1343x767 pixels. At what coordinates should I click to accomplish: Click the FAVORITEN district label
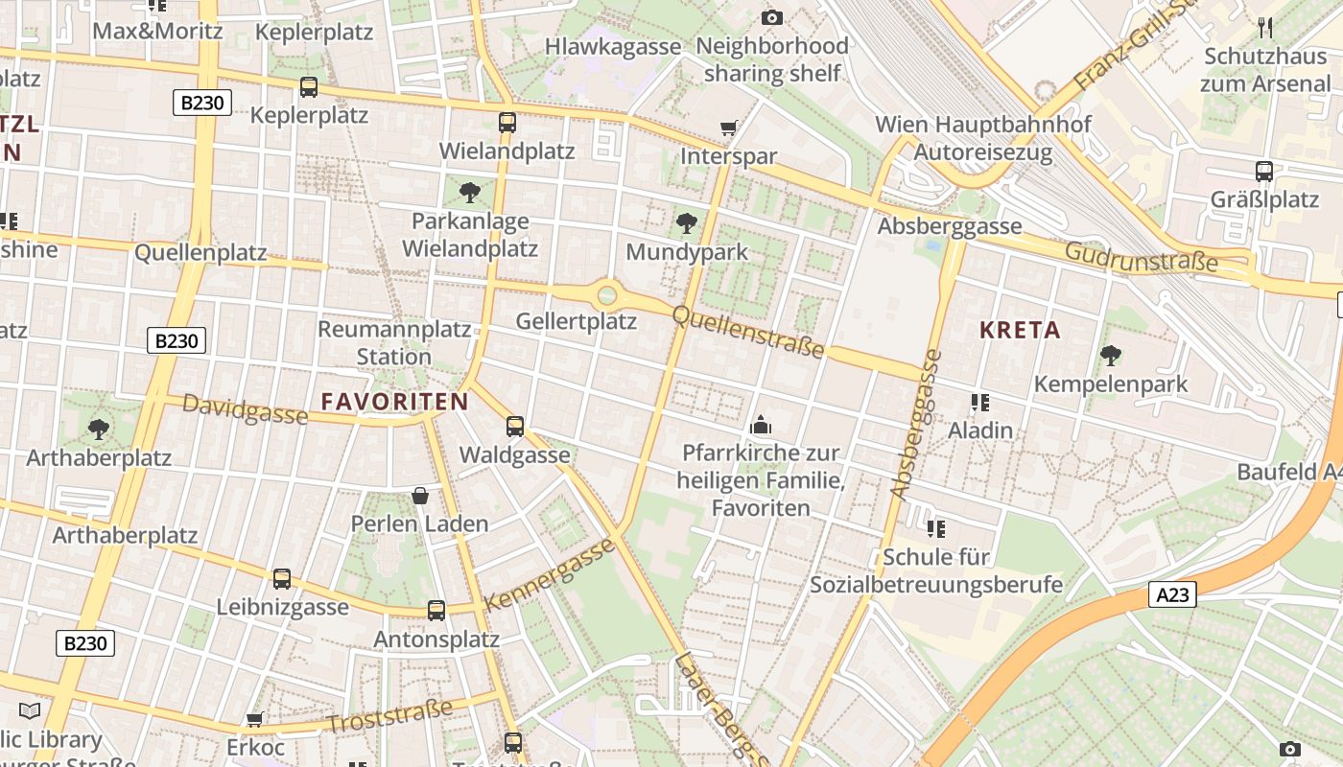[394, 402]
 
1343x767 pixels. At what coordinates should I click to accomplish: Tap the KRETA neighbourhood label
[1020, 331]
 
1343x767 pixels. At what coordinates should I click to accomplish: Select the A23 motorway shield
[1172, 595]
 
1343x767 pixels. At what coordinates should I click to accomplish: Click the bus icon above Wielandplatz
[507, 123]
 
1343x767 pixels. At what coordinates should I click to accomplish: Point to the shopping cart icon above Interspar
[729, 128]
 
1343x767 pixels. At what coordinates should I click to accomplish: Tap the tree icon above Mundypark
[687, 224]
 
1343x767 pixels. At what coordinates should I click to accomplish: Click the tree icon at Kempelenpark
[1111, 357]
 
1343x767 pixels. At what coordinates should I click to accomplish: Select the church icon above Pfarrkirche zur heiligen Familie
[761, 425]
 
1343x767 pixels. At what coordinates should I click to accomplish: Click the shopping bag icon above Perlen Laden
[420, 496]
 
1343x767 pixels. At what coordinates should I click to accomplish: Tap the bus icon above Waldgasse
[515, 427]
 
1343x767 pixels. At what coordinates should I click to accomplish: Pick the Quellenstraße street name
[748, 332]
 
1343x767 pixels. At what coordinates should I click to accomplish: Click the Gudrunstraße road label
[1141, 256]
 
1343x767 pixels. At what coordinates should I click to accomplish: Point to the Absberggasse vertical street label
[916, 424]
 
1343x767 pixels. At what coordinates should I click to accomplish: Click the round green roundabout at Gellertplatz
[606, 294]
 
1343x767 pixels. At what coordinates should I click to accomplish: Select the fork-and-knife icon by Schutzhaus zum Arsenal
[1265, 27]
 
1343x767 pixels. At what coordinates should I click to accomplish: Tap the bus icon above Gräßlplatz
[1264, 172]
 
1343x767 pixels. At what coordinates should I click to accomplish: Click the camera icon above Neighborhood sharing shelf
[771, 17]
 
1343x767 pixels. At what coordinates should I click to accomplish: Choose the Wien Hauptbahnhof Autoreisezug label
[982, 138]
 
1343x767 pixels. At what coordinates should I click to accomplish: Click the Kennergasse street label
[549, 575]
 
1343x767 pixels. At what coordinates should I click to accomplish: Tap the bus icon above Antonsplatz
[436, 611]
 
